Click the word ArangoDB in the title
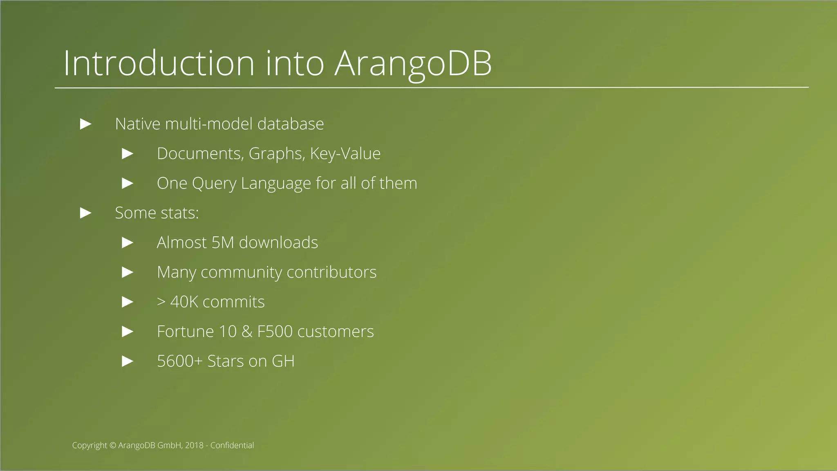[x=413, y=64]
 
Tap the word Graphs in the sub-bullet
[x=276, y=154]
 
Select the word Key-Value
[x=345, y=154]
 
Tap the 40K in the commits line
[x=184, y=302]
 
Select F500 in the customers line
[x=275, y=332]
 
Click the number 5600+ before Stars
[x=179, y=361]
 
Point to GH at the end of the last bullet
[x=283, y=361]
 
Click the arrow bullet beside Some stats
[x=85, y=213]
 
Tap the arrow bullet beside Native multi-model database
[x=85, y=124]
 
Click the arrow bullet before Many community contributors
[x=128, y=272]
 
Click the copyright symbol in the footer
[x=113, y=446]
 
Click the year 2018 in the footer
[x=194, y=446]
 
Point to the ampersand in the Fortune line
[x=247, y=332]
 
